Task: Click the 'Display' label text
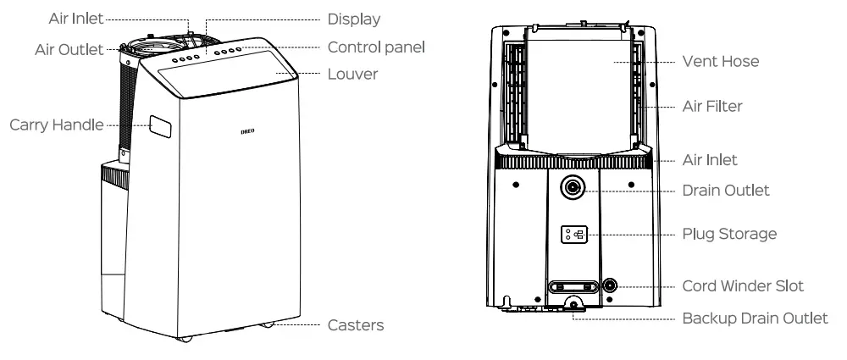tap(354, 19)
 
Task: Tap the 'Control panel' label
tap(376, 47)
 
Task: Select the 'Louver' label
tap(352, 75)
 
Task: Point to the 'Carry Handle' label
tap(57, 125)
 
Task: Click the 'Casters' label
tap(356, 325)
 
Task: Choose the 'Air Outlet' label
tap(68, 50)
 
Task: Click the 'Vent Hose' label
tap(720, 61)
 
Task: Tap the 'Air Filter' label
tap(712, 107)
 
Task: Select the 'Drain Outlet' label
tap(726, 191)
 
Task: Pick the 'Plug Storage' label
tap(729, 234)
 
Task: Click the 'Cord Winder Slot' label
tap(743, 286)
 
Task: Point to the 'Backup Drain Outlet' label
tap(755, 318)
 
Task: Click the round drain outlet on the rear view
tap(573, 187)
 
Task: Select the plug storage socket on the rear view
tap(573, 234)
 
